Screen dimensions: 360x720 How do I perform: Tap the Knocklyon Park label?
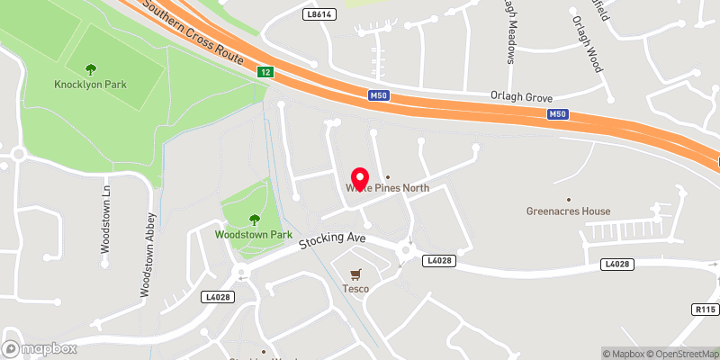point(90,85)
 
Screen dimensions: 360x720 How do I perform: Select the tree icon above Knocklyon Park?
point(90,68)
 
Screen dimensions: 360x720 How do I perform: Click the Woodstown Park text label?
point(254,234)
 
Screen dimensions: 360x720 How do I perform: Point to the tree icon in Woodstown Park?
point(254,219)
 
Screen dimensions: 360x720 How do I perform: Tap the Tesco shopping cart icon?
point(355,274)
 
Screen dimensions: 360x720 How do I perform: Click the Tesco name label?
point(355,288)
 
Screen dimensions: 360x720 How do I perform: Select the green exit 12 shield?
point(264,71)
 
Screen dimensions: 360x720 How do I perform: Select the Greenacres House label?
point(568,211)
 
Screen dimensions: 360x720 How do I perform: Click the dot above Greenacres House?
point(568,198)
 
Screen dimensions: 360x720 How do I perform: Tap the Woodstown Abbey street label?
point(148,255)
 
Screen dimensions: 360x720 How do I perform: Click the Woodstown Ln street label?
point(104,220)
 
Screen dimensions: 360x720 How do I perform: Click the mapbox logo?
point(40,348)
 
